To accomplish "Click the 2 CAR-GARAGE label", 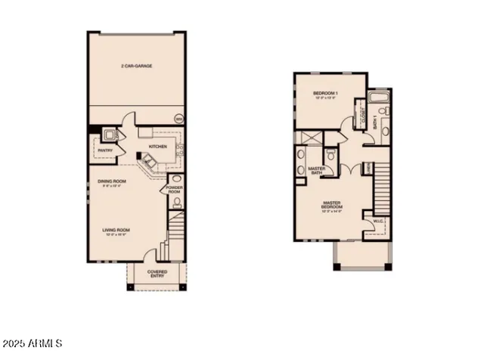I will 136,67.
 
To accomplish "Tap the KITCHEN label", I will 157,146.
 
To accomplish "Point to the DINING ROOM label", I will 111,182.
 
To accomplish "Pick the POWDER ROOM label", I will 175,190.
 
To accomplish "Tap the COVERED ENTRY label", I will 157,272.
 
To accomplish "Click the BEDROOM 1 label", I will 326,94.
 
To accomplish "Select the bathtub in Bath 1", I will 377,99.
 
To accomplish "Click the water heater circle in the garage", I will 178,118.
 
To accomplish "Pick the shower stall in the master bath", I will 308,138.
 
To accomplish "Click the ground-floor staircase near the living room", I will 176,227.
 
